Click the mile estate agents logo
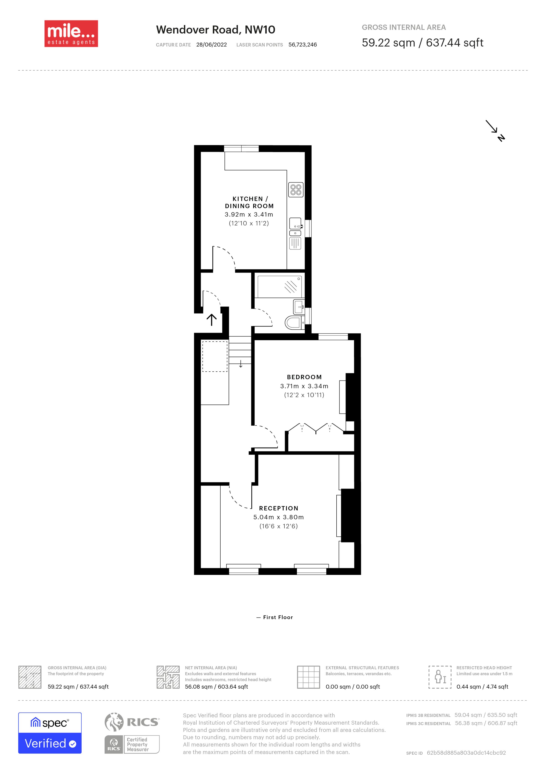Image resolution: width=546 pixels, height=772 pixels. pos(71,34)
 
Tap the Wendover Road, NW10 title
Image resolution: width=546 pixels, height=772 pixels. pos(216,30)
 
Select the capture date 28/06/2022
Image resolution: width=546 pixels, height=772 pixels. pos(211,45)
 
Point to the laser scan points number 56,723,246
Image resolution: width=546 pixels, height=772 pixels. pos(303,45)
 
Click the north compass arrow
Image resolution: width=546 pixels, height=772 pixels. pos(495,131)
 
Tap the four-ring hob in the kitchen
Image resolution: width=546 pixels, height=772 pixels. pos(296,190)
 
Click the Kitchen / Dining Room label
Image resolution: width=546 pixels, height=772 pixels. pos(249,202)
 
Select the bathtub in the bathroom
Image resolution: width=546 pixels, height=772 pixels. pos(279,286)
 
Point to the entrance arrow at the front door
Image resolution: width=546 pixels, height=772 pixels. pos(211,320)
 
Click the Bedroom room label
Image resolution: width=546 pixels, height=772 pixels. pos(304,377)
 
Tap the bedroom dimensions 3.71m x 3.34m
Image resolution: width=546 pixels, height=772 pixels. pos(304,386)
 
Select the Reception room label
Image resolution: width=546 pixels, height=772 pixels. pos(279,508)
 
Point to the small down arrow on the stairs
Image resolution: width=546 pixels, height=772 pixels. pos(241,364)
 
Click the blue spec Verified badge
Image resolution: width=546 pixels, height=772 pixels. pos(50,733)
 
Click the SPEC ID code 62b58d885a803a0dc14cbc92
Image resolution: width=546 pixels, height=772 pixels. pos(466,753)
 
